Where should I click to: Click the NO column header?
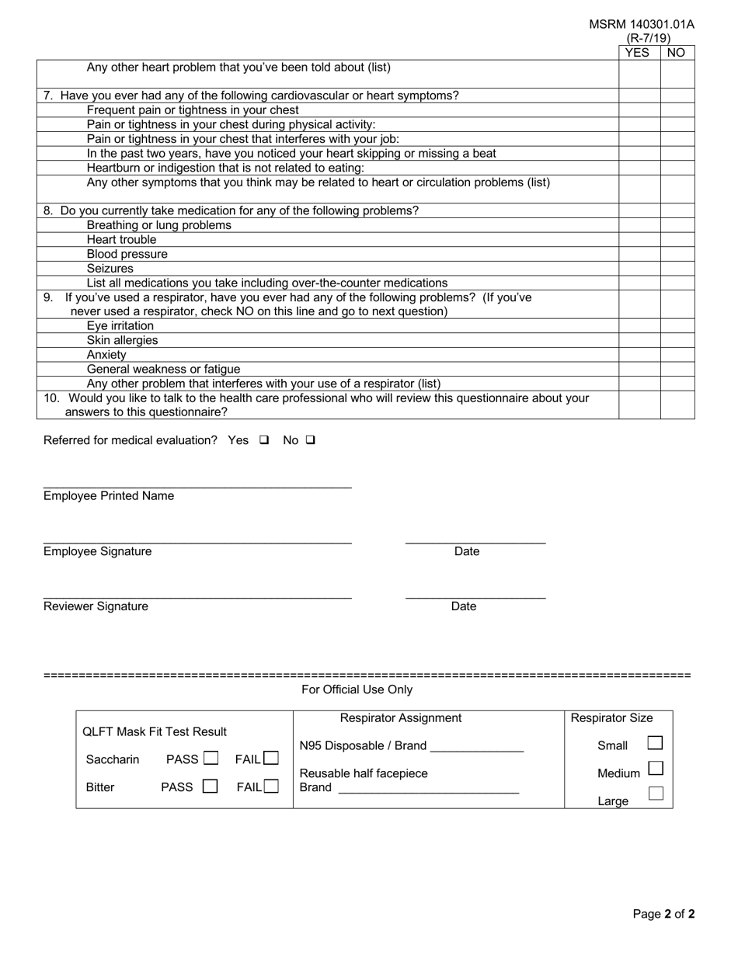coord(677,53)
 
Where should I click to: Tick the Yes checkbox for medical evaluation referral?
coord(264,440)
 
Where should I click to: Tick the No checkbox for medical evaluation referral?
coord(311,440)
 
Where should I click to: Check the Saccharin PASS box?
coord(211,759)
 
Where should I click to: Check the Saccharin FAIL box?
coord(270,759)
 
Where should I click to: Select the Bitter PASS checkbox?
coord(210,787)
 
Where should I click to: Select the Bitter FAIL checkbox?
coord(270,787)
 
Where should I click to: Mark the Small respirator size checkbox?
coord(655,743)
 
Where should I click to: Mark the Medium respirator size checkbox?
coord(655,769)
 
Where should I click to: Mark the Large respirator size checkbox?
coord(655,794)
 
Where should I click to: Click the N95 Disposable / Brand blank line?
coord(476,747)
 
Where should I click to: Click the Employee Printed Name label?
coord(109,496)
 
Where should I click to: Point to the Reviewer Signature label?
coord(96,606)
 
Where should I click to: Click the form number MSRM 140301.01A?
coord(642,24)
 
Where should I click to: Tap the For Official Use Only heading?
coord(357,689)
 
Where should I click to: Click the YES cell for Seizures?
coord(639,269)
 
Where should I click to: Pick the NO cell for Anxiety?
coord(677,355)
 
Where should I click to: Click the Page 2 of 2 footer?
coord(663,914)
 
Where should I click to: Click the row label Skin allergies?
coord(122,340)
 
